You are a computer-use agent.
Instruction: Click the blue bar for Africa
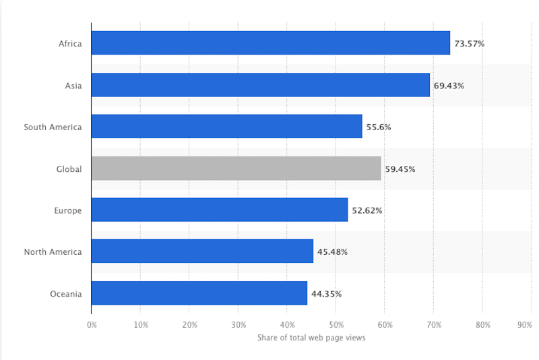pyautogui.click(x=270, y=43)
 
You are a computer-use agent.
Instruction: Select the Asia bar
pyautogui.click(x=260, y=85)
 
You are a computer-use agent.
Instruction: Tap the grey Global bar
pyautogui.click(x=236, y=169)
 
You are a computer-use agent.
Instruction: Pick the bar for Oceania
pyautogui.click(x=199, y=293)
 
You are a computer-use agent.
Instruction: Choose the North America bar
pyautogui.click(x=202, y=251)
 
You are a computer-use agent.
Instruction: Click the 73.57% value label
pyautogui.click(x=469, y=44)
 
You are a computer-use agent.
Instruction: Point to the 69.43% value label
pyautogui.click(x=449, y=86)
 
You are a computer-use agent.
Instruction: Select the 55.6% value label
pyautogui.click(x=379, y=127)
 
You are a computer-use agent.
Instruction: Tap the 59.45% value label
pyautogui.click(x=400, y=169)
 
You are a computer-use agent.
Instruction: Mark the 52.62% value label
pyautogui.click(x=367, y=210)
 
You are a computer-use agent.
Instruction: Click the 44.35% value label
pyautogui.click(x=326, y=294)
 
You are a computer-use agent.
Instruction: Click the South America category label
pyautogui.click(x=53, y=127)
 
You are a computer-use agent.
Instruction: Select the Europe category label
pyautogui.click(x=68, y=210)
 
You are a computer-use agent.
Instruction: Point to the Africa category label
pyautogui.click(x=70, y=44)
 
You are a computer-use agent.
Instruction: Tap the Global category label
pyautogui.click(x=69, y=169)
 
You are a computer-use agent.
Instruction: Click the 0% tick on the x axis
pyautogui.click(x=92, y=324)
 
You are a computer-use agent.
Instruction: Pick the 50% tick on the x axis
pyautogui.click(x=336, y=324)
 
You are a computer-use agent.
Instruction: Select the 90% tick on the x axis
pyautogui.click(x=525, y=324)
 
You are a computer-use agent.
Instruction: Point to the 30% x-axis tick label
pyautogui.click(x=238, y=324)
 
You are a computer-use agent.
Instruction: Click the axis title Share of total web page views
pyautogui.click(x=311, y=338)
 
